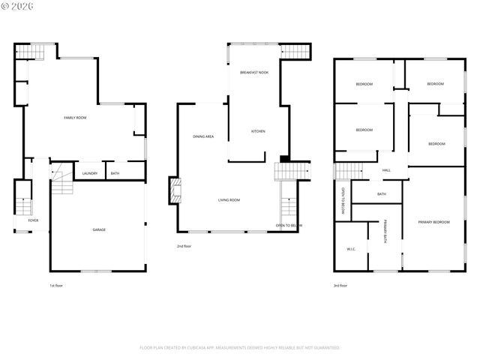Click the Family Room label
[75, 118]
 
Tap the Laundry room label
[90, 174]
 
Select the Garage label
[99, 229]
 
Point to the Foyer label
[33, 220]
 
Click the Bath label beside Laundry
[115, 174]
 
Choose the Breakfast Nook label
[254, 72]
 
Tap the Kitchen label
[258, 131]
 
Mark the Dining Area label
[203, 136]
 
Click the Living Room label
[229, 199]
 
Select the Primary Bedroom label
[434, 222]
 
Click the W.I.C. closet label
[351, 249]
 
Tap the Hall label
[386, 170]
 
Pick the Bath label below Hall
[382, 194]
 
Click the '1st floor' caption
[56, 286]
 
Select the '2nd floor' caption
[184, 246]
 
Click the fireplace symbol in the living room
[175, 190]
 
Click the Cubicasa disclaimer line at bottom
[240, 347]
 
